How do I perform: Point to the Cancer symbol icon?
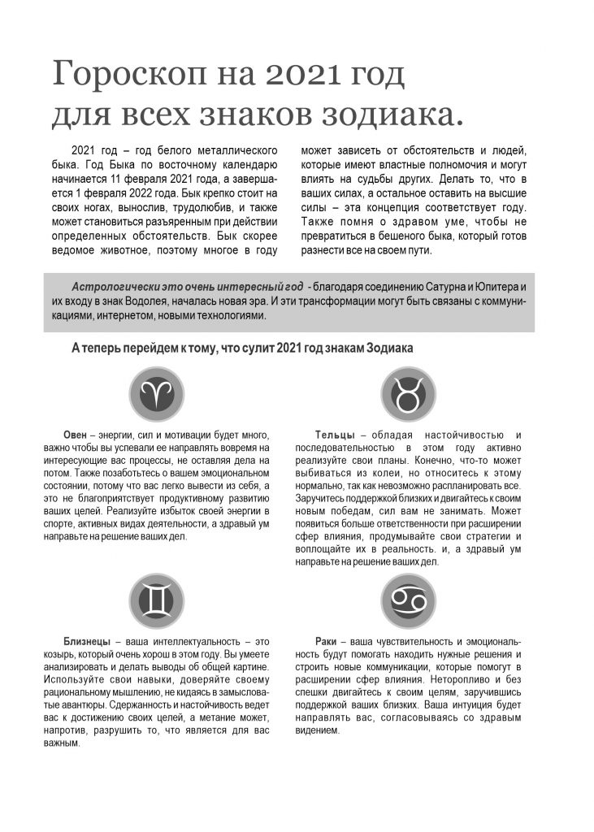coord(408,601)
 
